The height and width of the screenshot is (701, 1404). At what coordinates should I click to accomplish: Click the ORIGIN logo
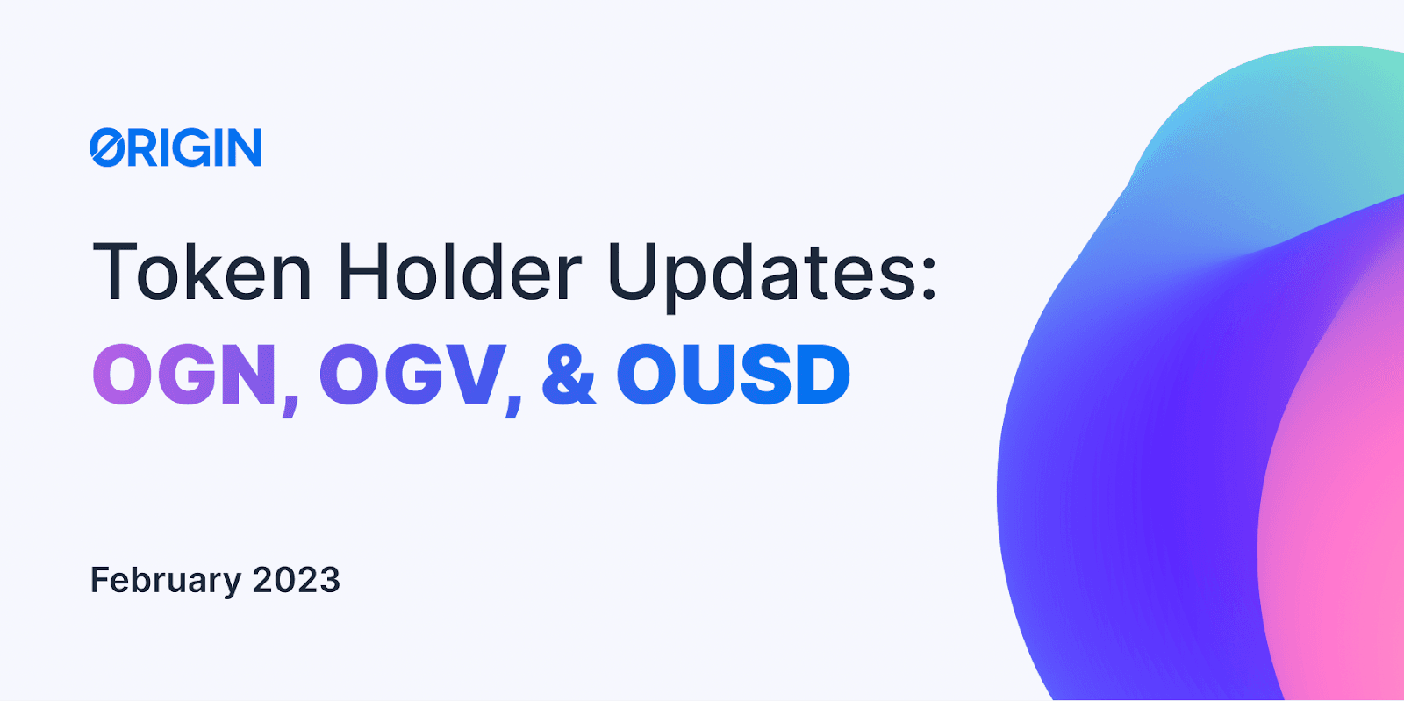(x=175, y=147)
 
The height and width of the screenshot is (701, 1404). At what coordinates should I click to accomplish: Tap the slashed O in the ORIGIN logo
(x=107, y=147)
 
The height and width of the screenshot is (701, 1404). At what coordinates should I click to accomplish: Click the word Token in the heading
(x=201, y=272)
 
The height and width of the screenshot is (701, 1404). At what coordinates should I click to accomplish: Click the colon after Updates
(x=928, y=275)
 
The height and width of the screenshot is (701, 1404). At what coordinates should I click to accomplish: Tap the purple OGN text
(x=184, y=374)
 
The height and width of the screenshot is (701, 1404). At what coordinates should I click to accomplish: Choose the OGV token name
(x=412, y=374)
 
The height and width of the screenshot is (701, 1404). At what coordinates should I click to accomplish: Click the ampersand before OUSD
(x=569, y=374)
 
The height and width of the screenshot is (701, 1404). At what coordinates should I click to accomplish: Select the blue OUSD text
(x=734, y=374)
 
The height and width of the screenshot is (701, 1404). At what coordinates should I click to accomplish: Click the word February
(x=166, y=580)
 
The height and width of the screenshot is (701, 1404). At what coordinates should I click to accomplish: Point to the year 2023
(x=296, y=579)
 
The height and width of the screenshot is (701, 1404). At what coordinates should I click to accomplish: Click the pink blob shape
(x=1335, y=501)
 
